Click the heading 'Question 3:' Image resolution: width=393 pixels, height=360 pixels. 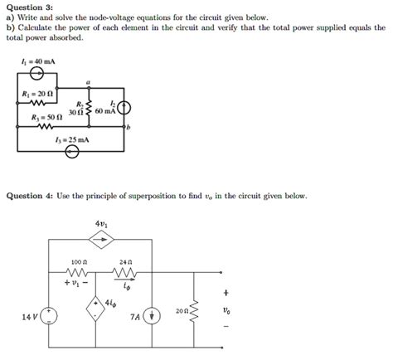(x=32, y=6)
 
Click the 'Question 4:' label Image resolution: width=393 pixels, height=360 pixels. (x=32, y=197)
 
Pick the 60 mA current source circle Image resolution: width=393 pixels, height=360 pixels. (x=125, y=109)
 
